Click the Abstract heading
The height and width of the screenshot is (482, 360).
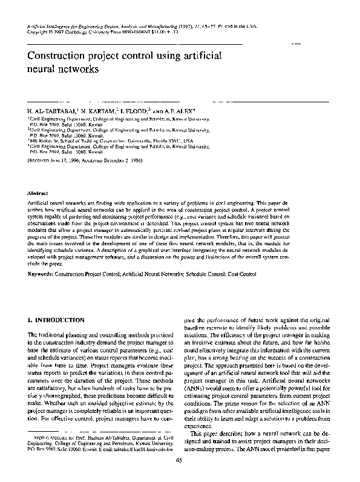click(39, 192)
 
